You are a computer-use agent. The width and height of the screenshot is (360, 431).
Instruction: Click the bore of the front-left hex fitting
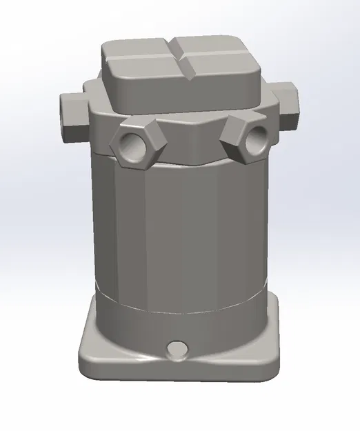(x=132, y=143)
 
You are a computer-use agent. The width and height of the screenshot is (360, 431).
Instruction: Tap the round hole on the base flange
(x=177, y=346)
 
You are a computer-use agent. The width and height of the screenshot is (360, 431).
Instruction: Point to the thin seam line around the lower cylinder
(x=179, y=304)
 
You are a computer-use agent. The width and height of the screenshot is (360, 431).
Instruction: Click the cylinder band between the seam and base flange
(x=179, y=324)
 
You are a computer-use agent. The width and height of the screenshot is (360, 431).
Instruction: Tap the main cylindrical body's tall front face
(x=179, y=228)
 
